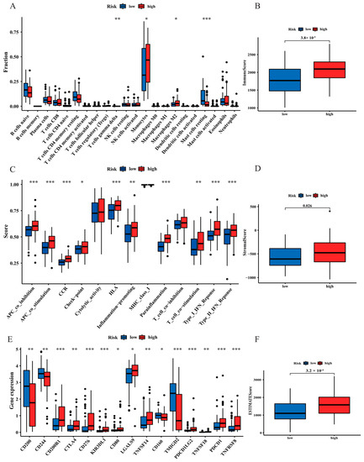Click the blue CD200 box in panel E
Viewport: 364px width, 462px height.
(x=28, y=382)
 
